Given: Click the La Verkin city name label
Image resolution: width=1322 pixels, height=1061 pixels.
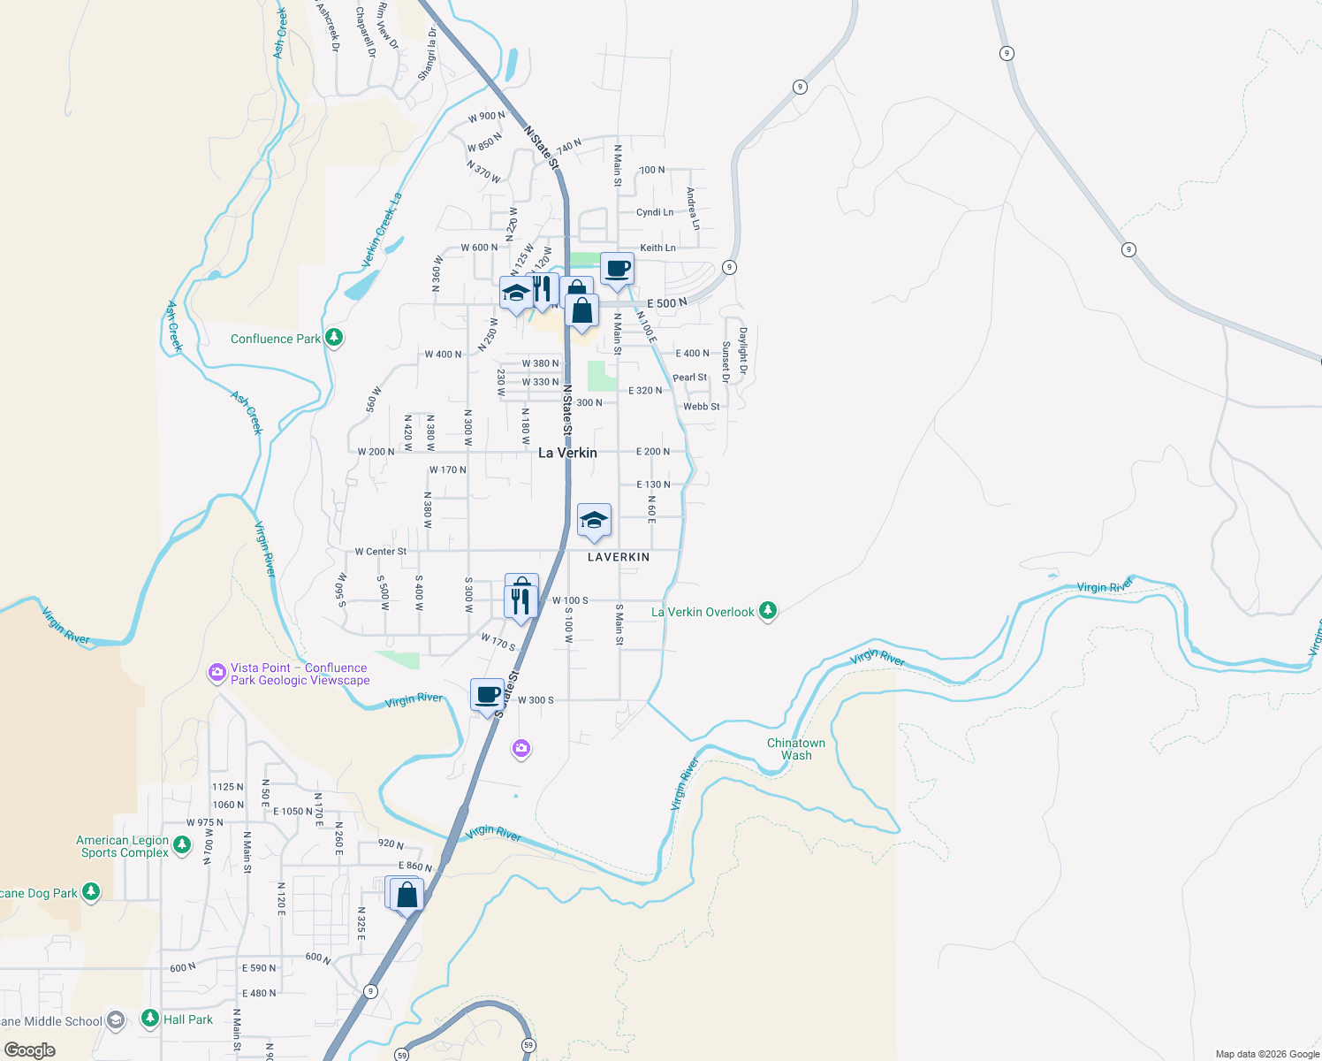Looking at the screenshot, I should (x=567, y=453).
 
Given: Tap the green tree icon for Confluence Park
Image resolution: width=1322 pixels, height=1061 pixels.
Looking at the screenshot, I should (x=333, y=338).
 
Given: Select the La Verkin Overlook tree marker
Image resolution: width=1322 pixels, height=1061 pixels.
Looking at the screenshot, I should (x=768, y=611).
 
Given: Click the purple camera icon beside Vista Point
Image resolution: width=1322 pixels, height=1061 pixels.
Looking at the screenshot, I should (x=217, y=674).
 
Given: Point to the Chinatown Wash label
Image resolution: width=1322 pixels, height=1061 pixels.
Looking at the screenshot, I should (x=795, y=749).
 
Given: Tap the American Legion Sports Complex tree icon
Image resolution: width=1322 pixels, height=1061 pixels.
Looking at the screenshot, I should (x=182, y=845).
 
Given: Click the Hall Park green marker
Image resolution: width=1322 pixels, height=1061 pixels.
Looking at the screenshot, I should (x=150, y=1019).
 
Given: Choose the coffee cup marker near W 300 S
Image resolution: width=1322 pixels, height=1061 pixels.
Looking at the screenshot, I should (x=487, y=695).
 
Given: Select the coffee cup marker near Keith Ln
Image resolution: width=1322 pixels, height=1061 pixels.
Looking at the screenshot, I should (x=617, y=269).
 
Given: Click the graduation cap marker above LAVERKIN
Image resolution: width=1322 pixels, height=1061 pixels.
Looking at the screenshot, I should (x=594, y=520).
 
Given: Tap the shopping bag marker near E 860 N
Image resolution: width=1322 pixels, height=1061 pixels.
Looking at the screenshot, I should (x=406, y=895).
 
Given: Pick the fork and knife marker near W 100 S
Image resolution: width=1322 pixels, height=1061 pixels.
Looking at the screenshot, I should (x=520, y=602).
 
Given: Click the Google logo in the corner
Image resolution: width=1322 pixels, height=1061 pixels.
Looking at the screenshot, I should (x=29, y=1050).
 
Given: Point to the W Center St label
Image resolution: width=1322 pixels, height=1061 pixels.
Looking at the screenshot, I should (x=381, y=552).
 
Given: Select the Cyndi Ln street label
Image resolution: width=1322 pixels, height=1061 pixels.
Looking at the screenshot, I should (x=655, y=212).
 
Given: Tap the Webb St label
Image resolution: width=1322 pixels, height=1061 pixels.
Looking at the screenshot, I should (x=701, y=407).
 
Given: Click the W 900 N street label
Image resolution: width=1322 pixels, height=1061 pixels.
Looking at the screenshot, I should (x=486, y=117).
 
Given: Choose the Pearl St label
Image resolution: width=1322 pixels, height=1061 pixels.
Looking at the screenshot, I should (x=689, y=378).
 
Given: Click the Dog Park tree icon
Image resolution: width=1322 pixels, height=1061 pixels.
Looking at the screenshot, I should (x=91, y=892).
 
